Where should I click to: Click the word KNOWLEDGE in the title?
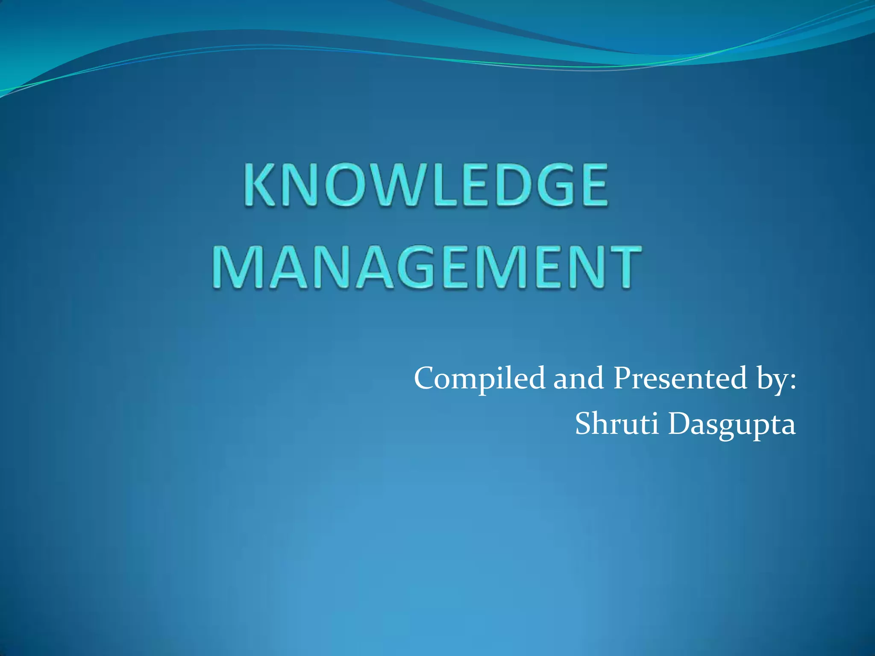[x=426, y=186]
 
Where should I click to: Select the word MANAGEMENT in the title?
[x=427, y=267]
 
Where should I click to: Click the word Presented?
[x=680, y=378]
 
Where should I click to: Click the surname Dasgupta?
[x=732, y=425]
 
